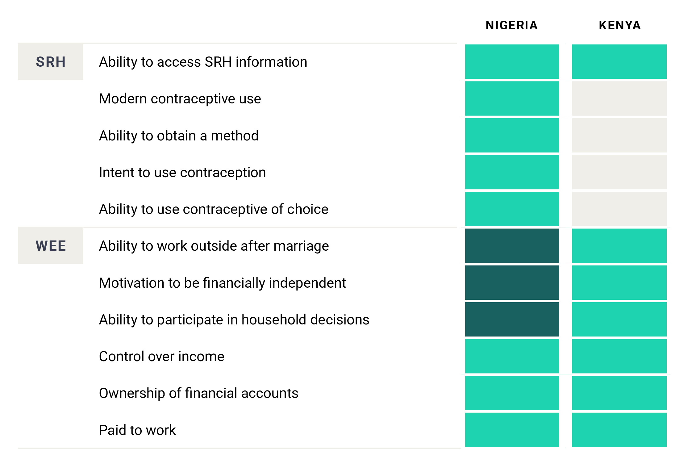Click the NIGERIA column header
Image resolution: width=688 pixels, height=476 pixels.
[511, 25]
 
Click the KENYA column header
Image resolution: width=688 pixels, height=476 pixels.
[619, 25]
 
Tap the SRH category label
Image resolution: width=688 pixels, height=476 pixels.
[51, 62]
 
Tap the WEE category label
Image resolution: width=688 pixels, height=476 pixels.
[51, 246]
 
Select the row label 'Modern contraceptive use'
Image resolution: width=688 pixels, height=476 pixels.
[180, 99]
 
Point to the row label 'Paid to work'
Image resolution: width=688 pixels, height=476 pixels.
[137, 430]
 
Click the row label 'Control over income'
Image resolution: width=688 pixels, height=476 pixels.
[161, 357]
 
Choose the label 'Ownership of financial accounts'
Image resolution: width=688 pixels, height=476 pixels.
[198, 393]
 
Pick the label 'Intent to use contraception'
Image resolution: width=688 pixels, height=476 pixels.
[182, 173]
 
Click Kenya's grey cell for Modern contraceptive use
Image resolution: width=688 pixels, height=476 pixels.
[619, 99]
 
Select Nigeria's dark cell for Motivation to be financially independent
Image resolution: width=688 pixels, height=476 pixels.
[512, 283]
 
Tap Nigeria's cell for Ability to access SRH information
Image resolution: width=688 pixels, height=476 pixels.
[512, 62]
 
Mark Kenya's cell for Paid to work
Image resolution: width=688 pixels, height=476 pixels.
[619, 430]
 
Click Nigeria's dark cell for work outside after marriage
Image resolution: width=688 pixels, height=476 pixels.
[512, 246]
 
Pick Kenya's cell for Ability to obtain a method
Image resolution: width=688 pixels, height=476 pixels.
[619, 136]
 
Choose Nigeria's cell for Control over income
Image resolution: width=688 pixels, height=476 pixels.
[512, 357]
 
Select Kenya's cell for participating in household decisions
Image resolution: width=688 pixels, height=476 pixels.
[619, 319]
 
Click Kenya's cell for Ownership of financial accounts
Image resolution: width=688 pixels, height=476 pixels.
[619, 393]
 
